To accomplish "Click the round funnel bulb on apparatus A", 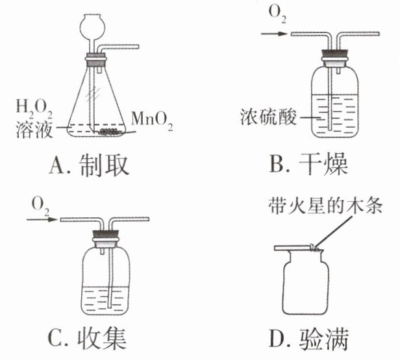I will [x=92, y=24].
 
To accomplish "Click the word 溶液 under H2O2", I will [x=32, y=126].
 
